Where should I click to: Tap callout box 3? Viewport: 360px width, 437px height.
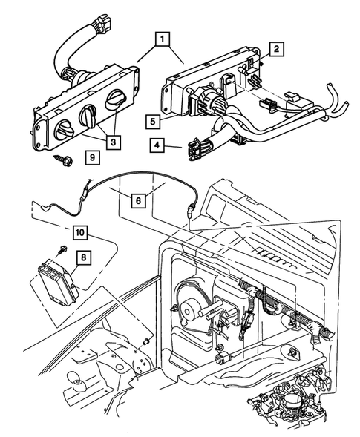click(113, 140)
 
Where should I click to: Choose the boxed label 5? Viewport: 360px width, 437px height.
click(151, 119)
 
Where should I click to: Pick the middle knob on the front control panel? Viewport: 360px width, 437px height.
click(88, 115)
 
